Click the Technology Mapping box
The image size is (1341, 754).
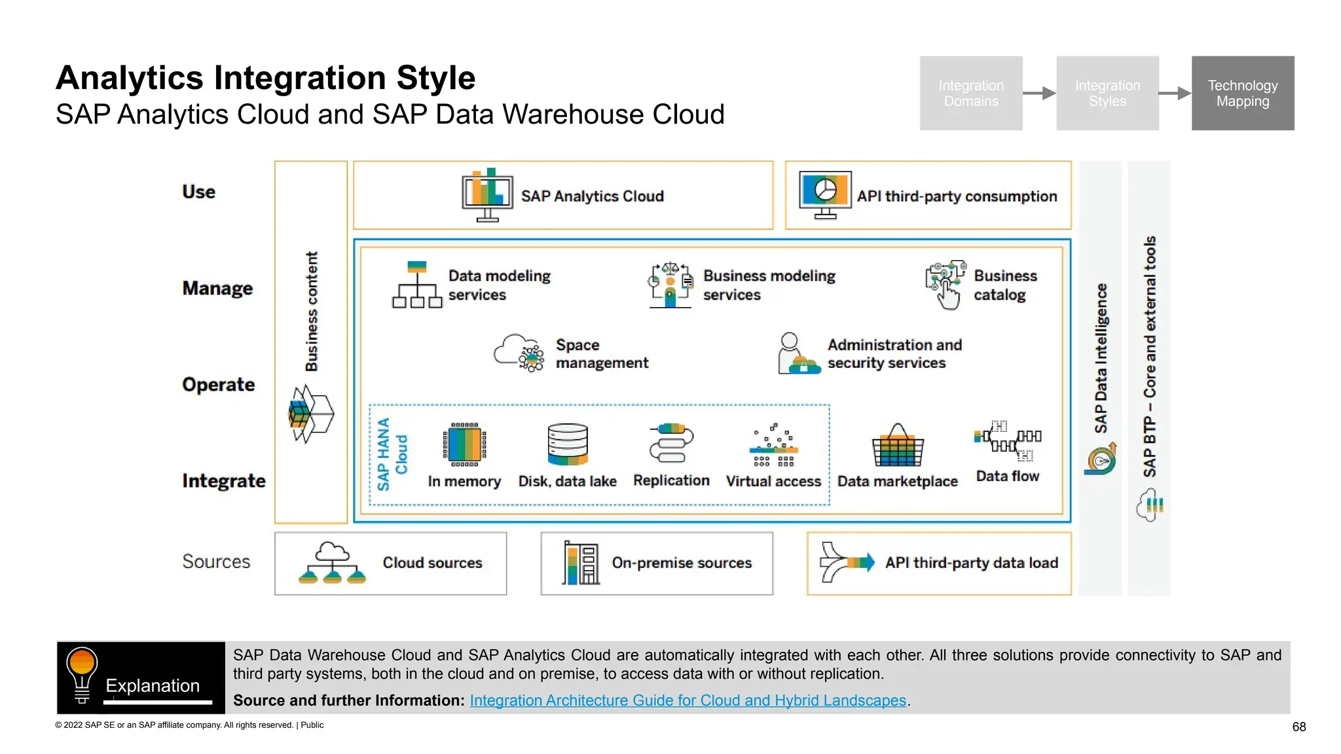click(1242, 93)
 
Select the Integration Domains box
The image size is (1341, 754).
click(970, 93)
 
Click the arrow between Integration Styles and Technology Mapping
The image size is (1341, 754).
click(1175, 93)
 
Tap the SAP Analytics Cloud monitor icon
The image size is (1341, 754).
click(487, 194)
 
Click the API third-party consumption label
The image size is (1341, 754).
click(957, 196)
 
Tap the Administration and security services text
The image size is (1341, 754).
click(894, 353)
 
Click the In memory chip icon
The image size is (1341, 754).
click(464, 445)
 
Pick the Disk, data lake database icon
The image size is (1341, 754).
click(567, 444)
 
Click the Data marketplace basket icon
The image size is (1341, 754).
click(897, 446)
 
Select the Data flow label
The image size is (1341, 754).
click(1007, 476)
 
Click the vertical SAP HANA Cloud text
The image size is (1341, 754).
click(392, 454)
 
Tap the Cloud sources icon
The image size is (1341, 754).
click(332, 563)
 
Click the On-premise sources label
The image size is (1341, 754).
click(681, 563)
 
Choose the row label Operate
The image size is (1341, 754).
click(218, 385)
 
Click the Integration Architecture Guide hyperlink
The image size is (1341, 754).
click(688, 700)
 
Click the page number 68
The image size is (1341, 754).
click(1298, 727)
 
